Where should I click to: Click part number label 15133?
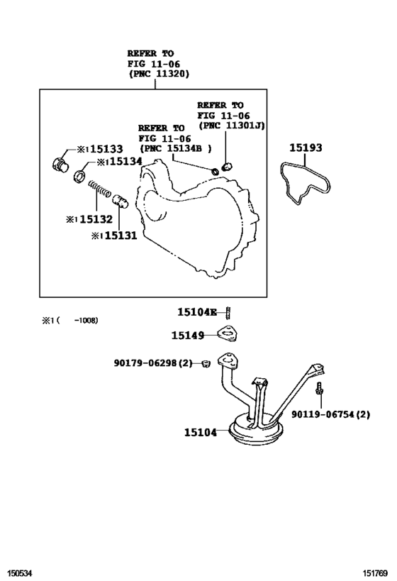[106, 149]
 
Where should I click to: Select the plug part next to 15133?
[60, 164]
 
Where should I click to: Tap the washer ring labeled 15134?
[80, 177]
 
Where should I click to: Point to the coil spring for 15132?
[99, 189]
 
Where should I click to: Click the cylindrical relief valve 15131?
[120, 201]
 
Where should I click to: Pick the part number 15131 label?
[121, 236]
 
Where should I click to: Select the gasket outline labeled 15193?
[305, 183]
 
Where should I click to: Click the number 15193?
[306, 148]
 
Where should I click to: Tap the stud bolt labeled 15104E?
[228, 313]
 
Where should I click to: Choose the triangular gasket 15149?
[228, 333]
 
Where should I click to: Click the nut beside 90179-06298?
[206, 363]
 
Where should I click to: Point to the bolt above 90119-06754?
[319, 389]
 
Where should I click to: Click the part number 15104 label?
[201, 432]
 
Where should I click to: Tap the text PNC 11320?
[159, 74]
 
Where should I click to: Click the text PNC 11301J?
[231, 126]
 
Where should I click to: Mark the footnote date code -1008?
[86, 320]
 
